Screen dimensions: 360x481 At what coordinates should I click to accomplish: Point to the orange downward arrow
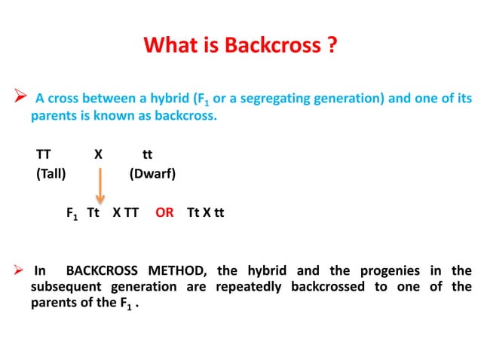point(100,185)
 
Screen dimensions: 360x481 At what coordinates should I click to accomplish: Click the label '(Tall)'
point(51,174)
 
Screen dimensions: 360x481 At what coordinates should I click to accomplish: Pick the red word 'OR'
point(164,212)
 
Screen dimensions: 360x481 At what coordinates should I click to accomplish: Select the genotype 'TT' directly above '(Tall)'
point(44,154)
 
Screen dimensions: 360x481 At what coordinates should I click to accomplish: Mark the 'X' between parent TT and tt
point(98,154)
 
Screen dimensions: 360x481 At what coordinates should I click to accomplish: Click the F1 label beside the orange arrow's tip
point(72,213)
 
